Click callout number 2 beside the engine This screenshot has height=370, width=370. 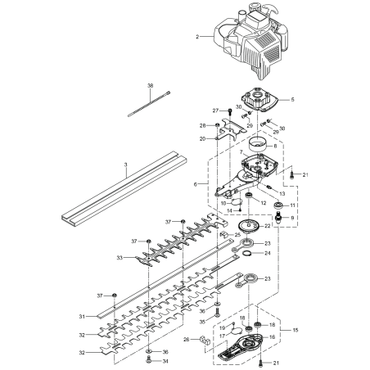point(197,37)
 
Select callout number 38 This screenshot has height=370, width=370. point(151,86)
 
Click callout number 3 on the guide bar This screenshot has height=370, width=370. point(126,165)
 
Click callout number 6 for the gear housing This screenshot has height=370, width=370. point(196,185)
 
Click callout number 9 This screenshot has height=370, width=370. point(295,219)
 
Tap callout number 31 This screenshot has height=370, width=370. point(104,316)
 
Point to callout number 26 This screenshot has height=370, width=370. point(186,339)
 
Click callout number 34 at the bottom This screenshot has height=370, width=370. point(165,360)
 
